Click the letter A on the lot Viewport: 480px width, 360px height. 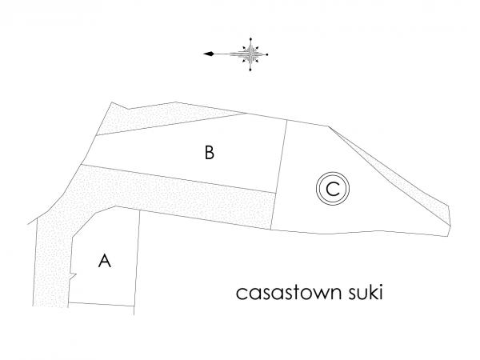click(105, 261)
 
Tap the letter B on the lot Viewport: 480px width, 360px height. click(210, 152)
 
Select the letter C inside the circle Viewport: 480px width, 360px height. click(333, 189)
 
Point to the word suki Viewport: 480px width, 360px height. click(366, 292)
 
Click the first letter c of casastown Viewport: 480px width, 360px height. click(241, 294)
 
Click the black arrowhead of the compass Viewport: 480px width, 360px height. click(209, 54)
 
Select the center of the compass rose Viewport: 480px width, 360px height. click(250, 54)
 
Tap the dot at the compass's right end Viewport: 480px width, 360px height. click(267, 54)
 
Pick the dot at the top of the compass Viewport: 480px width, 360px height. click(250, 39)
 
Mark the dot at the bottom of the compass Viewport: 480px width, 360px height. click(250, 70)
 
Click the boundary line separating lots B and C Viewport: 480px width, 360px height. click(279, 174)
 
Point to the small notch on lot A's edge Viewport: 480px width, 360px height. click(74, 275)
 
